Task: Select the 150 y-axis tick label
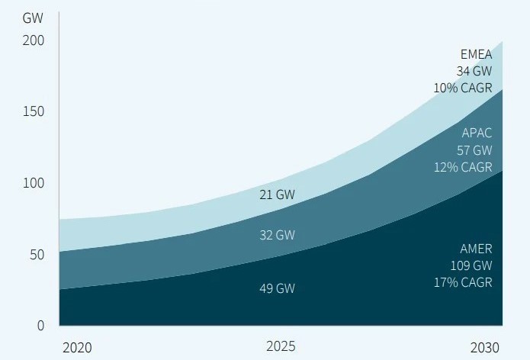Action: click(33, 111)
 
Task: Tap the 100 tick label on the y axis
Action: click(33, 183)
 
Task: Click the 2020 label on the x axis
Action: click(77, 347)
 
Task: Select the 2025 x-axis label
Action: click(281, 346)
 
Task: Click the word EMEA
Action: click(476, 54)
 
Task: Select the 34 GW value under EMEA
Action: click(474, 71)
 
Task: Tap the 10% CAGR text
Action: click(463, 88)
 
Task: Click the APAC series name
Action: click(477, 133)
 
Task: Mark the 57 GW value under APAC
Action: click(474, 150)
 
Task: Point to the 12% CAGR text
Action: click(463, 167)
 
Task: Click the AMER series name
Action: click(476, 249)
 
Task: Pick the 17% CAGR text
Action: click(463, 282)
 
